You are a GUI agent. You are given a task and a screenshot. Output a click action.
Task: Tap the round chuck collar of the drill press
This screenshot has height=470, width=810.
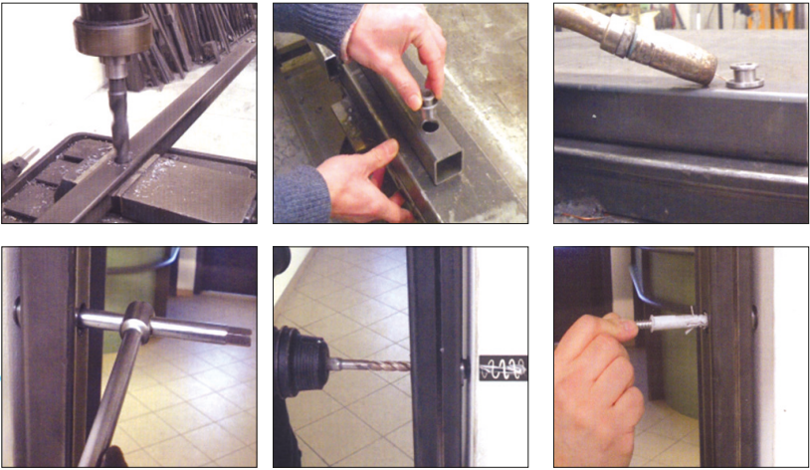pos(111,35)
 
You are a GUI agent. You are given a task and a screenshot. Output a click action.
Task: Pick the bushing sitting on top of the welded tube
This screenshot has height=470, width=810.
pos(744,76)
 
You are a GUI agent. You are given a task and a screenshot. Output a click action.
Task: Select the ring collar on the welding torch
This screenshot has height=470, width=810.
pos(619,36)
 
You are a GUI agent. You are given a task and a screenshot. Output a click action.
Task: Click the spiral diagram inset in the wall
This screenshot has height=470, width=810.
pos(503,367)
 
